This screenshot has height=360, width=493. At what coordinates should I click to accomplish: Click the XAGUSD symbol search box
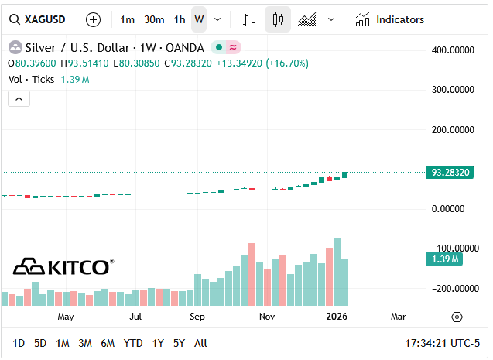39,19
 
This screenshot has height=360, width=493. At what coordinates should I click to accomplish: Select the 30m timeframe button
154,19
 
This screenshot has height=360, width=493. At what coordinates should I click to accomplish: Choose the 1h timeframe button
180,19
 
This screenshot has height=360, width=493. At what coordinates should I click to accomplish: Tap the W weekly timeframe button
199,19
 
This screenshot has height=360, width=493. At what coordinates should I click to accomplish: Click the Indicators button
390,19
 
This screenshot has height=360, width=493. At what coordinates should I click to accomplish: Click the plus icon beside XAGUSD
93,19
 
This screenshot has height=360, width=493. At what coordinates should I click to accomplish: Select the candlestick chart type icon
278,19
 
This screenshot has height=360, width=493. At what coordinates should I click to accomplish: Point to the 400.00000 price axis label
452,50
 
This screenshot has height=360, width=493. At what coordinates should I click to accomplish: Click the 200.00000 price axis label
452,129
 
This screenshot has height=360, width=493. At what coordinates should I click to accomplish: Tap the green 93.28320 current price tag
450,172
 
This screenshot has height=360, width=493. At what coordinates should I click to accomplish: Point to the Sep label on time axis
197,316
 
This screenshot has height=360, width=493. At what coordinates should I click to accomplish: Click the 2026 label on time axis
337,316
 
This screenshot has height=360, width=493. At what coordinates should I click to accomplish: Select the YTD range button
133,343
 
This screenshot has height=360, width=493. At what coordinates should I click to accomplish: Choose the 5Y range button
179,343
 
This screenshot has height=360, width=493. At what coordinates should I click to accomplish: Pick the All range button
200,343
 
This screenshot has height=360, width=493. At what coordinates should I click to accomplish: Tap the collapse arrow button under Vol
19,98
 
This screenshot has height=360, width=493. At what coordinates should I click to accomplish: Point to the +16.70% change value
287,63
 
